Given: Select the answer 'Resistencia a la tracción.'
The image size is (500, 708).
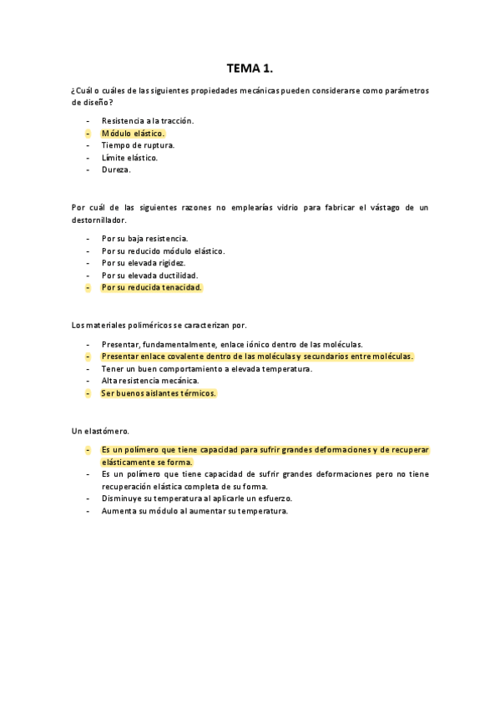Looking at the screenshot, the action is pos(148,121).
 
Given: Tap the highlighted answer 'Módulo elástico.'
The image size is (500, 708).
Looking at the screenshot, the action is pos(134,134).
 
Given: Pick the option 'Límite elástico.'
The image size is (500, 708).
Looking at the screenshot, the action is pos(129,158).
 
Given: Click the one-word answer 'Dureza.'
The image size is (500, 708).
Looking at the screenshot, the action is pos(116,170).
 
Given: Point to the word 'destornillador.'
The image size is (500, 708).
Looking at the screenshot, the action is pos(98,220).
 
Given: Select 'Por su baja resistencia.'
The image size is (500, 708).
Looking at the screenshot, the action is pos(144,238).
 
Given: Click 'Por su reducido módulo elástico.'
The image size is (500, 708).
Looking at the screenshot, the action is pos(163,250).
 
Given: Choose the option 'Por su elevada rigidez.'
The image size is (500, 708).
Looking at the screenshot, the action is pos(143,263).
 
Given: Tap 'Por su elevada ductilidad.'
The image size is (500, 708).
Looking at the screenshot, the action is pos(149,276).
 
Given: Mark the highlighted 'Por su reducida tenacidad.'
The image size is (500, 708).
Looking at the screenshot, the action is pos(152,288).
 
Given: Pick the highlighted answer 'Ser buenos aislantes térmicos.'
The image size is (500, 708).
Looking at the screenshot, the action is pos(159,393).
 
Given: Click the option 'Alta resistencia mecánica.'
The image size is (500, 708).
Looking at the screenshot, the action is pos(150,381).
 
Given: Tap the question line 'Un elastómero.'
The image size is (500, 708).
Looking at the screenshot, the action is pos(100,431).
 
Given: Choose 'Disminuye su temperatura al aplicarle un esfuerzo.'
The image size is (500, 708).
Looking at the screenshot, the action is pos(197,498).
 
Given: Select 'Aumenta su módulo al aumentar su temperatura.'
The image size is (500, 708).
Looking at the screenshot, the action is pos(194,511).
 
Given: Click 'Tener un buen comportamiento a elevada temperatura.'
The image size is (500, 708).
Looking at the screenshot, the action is pos(207,368).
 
